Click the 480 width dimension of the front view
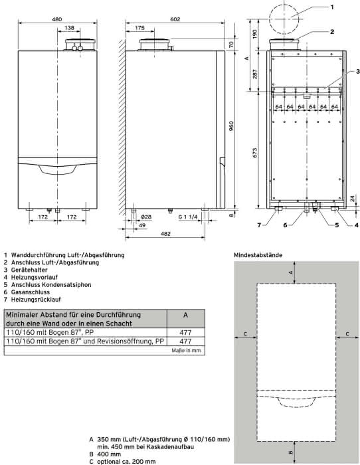point(57,19)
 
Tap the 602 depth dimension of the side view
point(175,19)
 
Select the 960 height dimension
point(232,126)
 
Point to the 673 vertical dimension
point(255,152)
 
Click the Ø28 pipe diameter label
point(145,217)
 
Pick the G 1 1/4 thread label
point(188,217)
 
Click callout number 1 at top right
point(332,7)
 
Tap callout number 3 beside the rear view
point(358,71)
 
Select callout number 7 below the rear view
point(259,225)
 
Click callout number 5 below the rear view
point(337,225)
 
